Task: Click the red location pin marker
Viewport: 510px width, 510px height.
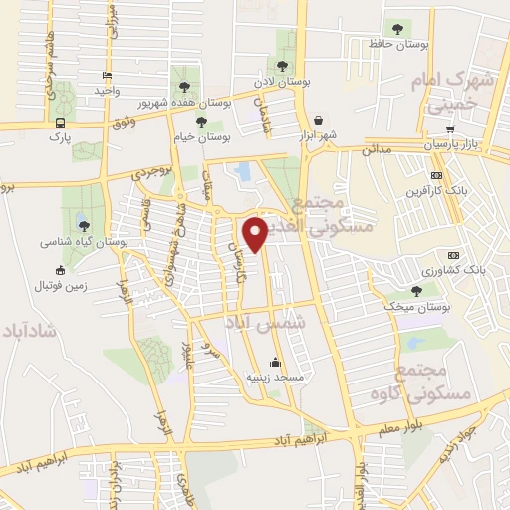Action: click(x=255, y=233)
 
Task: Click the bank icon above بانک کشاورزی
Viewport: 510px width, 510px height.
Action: click(x=453, y=254)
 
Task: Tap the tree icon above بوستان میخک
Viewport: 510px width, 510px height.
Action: click(x=416, y=291)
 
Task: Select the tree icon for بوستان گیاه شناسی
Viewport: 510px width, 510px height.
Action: click(x=83, y=226)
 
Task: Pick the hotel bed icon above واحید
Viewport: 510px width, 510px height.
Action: click(x=107, y=75)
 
